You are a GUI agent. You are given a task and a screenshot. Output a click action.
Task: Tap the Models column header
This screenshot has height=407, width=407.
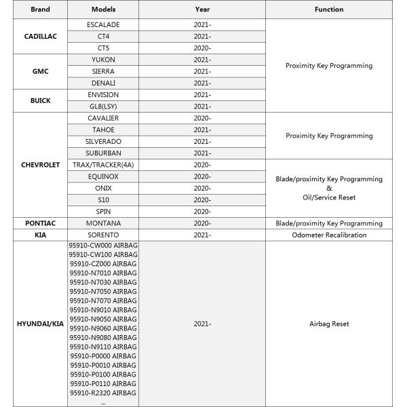[x=103, y=9]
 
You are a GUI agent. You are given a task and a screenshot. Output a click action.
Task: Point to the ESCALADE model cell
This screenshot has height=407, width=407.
[x=103, y=24]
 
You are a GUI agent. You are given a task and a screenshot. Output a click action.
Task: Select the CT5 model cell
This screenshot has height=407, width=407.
[x=103, y=47]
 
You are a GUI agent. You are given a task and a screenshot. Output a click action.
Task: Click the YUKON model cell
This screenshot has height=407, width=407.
[x=103, y=60]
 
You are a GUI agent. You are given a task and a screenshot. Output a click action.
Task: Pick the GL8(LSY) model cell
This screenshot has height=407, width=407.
[x=103, y=106]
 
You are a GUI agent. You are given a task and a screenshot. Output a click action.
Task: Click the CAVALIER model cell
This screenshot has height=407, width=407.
[x=103, y=118]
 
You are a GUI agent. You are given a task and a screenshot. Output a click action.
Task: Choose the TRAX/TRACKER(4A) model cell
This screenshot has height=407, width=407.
[x=103, y=165]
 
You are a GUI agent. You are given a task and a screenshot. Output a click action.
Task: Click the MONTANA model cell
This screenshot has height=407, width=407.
[x=103, y=223]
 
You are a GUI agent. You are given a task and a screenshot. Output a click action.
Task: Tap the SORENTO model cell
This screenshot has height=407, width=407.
[x=103, y=235]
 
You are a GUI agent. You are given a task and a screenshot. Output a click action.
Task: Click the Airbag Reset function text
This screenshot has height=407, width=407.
[x=329, y=324]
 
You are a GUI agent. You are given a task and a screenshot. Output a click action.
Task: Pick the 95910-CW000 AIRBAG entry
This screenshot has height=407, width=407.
[x=103, y=245]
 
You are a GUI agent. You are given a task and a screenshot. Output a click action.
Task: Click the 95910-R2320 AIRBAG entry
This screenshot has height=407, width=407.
[x=103, y=393]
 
